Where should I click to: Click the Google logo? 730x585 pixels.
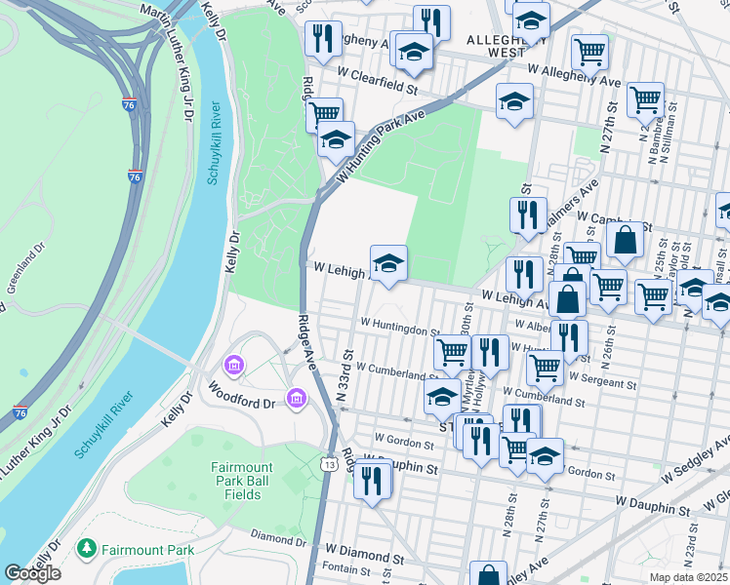coord(32,573)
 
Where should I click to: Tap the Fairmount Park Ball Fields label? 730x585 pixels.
coord(237,481)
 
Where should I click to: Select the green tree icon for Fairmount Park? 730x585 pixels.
coord(88,549)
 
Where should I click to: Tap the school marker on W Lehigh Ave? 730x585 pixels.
coord(388,262)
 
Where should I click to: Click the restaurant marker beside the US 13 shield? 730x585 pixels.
coord(373,480)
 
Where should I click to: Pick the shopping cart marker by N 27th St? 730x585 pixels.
coord(645,98)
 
